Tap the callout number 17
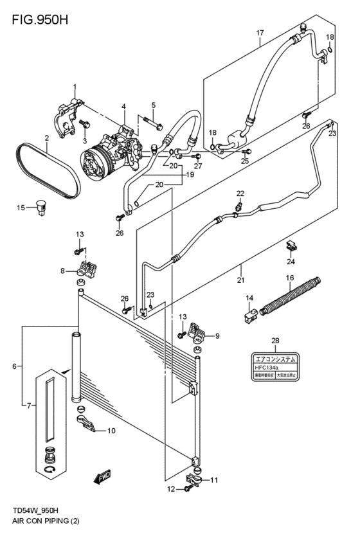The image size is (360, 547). point(260,33)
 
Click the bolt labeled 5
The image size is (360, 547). point(150,120)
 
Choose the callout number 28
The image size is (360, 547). point(275,341)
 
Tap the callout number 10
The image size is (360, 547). point(111,431)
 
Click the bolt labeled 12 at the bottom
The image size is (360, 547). point(188,490)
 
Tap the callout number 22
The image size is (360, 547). point(240,193)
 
